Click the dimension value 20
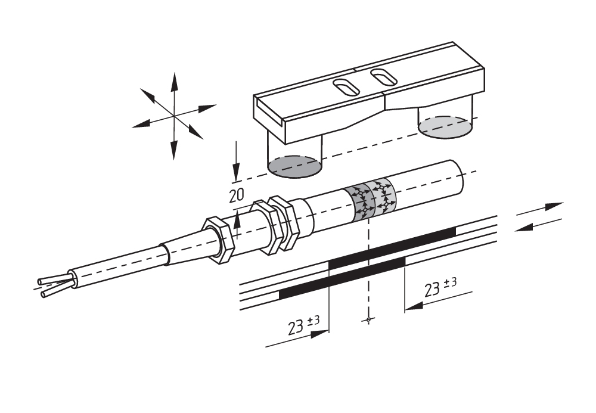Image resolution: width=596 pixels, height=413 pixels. (x=237, y=195)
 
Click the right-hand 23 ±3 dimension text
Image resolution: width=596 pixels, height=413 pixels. (x=440, y=287)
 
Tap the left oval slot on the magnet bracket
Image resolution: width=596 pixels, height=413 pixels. (x=346, y=87)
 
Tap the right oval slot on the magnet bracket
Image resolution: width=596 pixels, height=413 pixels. (x=384, y=77)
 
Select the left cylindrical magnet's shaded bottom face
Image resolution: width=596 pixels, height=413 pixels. (x=295, y=166)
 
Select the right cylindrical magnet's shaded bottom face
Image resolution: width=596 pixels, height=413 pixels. (x=445, y=128)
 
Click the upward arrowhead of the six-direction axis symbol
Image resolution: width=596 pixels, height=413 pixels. (x=175, y=81)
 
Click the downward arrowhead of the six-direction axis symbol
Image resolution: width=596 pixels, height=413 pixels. (x=173, y=150)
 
